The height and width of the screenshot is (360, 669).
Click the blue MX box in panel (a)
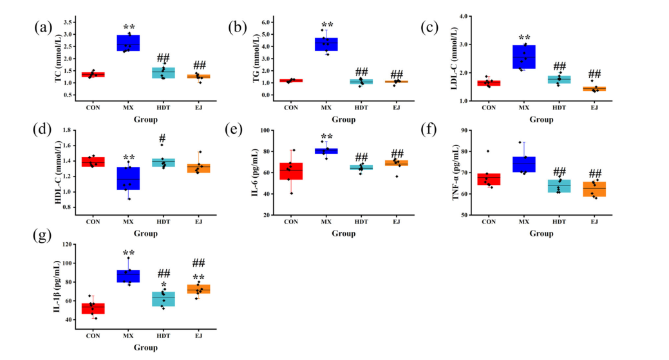click(128, 43)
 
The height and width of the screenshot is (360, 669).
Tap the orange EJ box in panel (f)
click(594, 189)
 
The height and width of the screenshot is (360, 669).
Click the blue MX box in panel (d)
click(128, 178)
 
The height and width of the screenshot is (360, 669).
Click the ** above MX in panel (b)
click(327, 25)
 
